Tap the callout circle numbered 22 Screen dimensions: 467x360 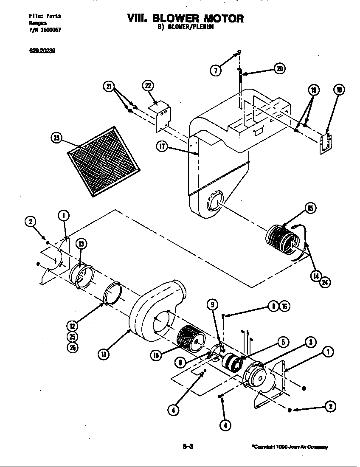[148, 87]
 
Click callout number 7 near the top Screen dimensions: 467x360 [216, 70]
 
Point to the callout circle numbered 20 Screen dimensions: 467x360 [280, 69]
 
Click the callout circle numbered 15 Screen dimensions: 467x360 [310, 208]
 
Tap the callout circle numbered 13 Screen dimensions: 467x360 [81, 243]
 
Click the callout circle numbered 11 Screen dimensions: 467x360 [103, 354]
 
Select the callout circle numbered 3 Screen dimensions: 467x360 [311, 342]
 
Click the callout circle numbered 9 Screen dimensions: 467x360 [213, 304]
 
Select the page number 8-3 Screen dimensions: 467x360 [188, 446]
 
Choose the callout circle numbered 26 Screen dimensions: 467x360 [73, 347]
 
